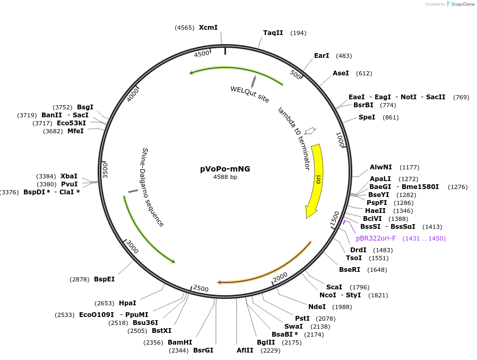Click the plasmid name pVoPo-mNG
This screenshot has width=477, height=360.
[225, 169]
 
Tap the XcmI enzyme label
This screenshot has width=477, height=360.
[208, 28]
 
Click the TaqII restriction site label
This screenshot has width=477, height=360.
[273, 33]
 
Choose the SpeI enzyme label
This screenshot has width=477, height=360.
[367, 117]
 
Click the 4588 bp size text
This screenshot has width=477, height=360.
[225, 177]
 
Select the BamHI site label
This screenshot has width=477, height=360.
[180, 342]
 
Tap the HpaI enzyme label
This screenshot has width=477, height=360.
[127, 303]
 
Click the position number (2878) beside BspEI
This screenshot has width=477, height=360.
[80, 279]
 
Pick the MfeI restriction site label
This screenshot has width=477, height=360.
[75, 131]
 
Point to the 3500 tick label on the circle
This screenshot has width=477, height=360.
[105, 170]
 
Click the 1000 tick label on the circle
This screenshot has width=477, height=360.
[341, 140]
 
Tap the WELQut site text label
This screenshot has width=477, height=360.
[249, 95]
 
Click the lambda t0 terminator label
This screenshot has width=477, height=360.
[293, 138]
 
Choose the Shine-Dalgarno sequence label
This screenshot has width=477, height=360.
[152, 187]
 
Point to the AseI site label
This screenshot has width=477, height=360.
[341, 73]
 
